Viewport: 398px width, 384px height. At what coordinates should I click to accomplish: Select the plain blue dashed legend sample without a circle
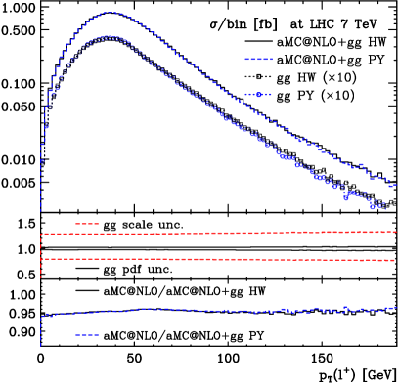pos(258,60)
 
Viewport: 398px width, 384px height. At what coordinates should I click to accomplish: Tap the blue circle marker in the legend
pos(258,95)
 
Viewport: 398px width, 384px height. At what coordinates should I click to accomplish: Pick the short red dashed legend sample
pos(87,224)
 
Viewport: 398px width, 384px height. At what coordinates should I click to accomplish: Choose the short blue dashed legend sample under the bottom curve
pos(87,335)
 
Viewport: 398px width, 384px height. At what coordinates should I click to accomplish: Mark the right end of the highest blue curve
pos(396,183)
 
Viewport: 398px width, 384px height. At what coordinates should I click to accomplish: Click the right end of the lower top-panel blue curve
pos(387,208)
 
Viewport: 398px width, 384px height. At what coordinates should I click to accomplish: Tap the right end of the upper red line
pos(396,232)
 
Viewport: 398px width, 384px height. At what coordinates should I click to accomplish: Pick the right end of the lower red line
pos(396,260)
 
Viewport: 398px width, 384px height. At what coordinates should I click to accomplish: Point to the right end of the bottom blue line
pos(396,308)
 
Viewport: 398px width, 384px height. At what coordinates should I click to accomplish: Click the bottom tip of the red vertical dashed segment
pos(41,278)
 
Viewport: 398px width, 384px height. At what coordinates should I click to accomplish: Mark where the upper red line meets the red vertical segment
pos(41,235)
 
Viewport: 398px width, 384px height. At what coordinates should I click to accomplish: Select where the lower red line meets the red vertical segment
pos(41,259)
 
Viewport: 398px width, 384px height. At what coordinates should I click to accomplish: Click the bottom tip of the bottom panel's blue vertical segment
pos(41,346)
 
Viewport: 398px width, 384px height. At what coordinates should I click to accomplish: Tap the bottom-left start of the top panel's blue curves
pos(41,210)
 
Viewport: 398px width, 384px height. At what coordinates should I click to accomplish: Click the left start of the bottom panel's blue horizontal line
pos(42,316)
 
